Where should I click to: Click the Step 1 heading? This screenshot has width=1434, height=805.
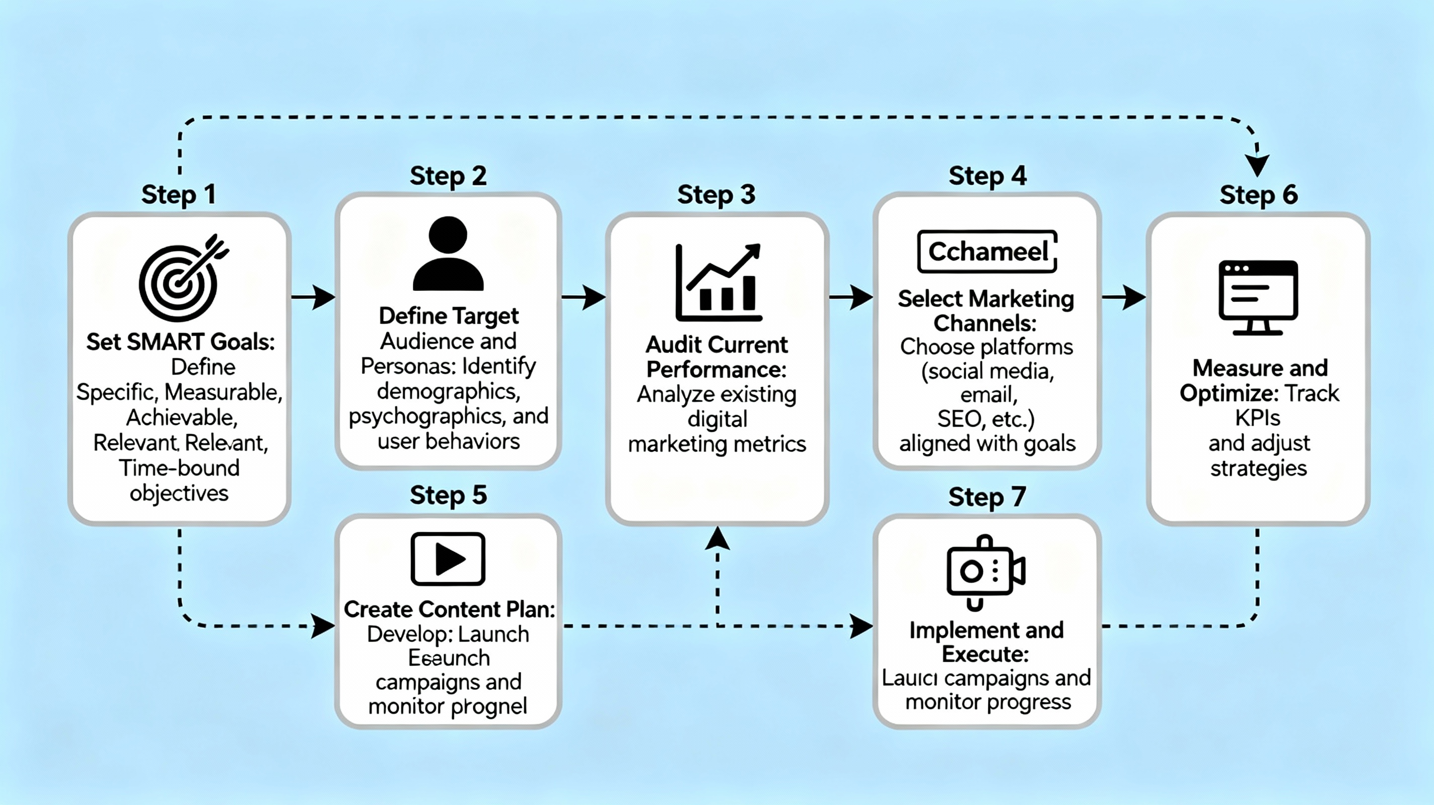pyautogui.click(x=178, y=195)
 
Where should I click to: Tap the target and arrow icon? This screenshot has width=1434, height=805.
pyautogui.click(x=181, y=278)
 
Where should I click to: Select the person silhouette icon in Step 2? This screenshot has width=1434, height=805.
pyautogui.click(x=448, y=254)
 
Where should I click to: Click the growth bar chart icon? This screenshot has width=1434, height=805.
pyautogui.click(x=718, y=283)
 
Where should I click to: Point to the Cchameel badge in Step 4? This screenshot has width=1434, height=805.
pyautogui.click(x=987, y=252)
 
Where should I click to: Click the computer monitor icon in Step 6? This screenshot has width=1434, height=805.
pyautogui.click(x=1258, y=297)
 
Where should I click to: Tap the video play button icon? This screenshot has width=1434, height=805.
pyautogui.click(x=448, y=558)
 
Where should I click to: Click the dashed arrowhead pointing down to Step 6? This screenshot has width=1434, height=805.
pyautogui.click(x=1257, y=165)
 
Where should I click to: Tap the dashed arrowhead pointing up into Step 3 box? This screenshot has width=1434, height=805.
pyautogui.click(x=718, y=538)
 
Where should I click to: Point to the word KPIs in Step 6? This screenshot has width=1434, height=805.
pyautogui.click(x=1258, y=418)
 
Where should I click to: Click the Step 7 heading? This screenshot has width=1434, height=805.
pyautogui.click(x=987, y=497)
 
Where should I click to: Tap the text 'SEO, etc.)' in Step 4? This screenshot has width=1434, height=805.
pyautogui.click(x=985, y=419)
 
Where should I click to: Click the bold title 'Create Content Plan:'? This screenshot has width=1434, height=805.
pyautogui.click(x=449, y=609)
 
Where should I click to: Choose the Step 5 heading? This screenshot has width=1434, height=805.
pyautogui.click(x=448, y=495)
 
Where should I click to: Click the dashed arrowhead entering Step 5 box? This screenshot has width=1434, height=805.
pyautogui.click(x=323, y=626)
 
